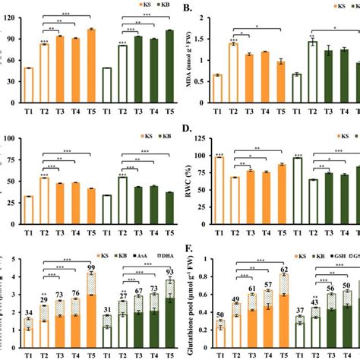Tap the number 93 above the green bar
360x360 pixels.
tap(170, 273)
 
